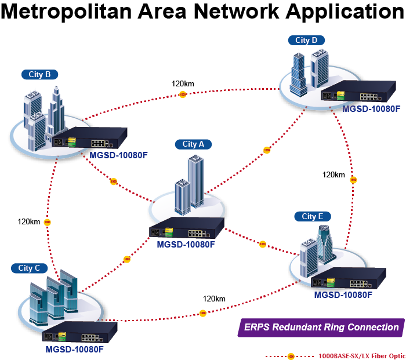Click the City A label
[193, 144]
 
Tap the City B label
[39, 75]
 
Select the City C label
[29, 268]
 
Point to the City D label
[306, 41]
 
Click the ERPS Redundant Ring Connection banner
[321, 328]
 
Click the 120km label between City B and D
[183, 83]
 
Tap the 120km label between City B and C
[29, 221]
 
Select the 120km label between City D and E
[333, 174]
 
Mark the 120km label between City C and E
[214, 299]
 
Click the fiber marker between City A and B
[114, 181]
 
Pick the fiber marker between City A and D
[266, 150]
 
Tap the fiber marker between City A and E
[263, 244]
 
